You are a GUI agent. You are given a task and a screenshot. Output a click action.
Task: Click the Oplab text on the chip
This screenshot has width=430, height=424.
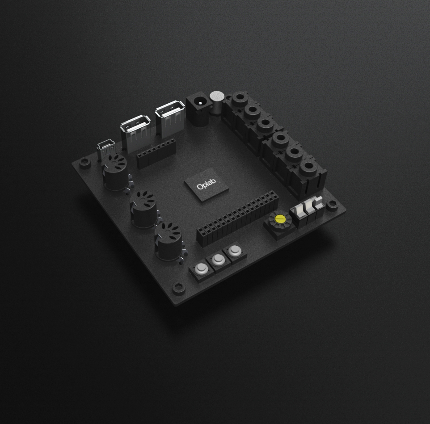(206, 184)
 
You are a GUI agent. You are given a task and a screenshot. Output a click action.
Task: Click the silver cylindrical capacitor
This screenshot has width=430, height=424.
(217, 103)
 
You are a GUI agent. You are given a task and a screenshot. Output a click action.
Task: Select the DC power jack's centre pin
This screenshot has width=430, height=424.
(200, 103)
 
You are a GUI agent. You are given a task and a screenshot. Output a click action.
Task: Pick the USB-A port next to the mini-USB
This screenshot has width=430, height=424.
(135, 134)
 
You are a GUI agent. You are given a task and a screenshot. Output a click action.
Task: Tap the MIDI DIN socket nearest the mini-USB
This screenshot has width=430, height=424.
(114, 172)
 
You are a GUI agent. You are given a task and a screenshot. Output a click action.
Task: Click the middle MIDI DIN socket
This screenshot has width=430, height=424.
(143, 210)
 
